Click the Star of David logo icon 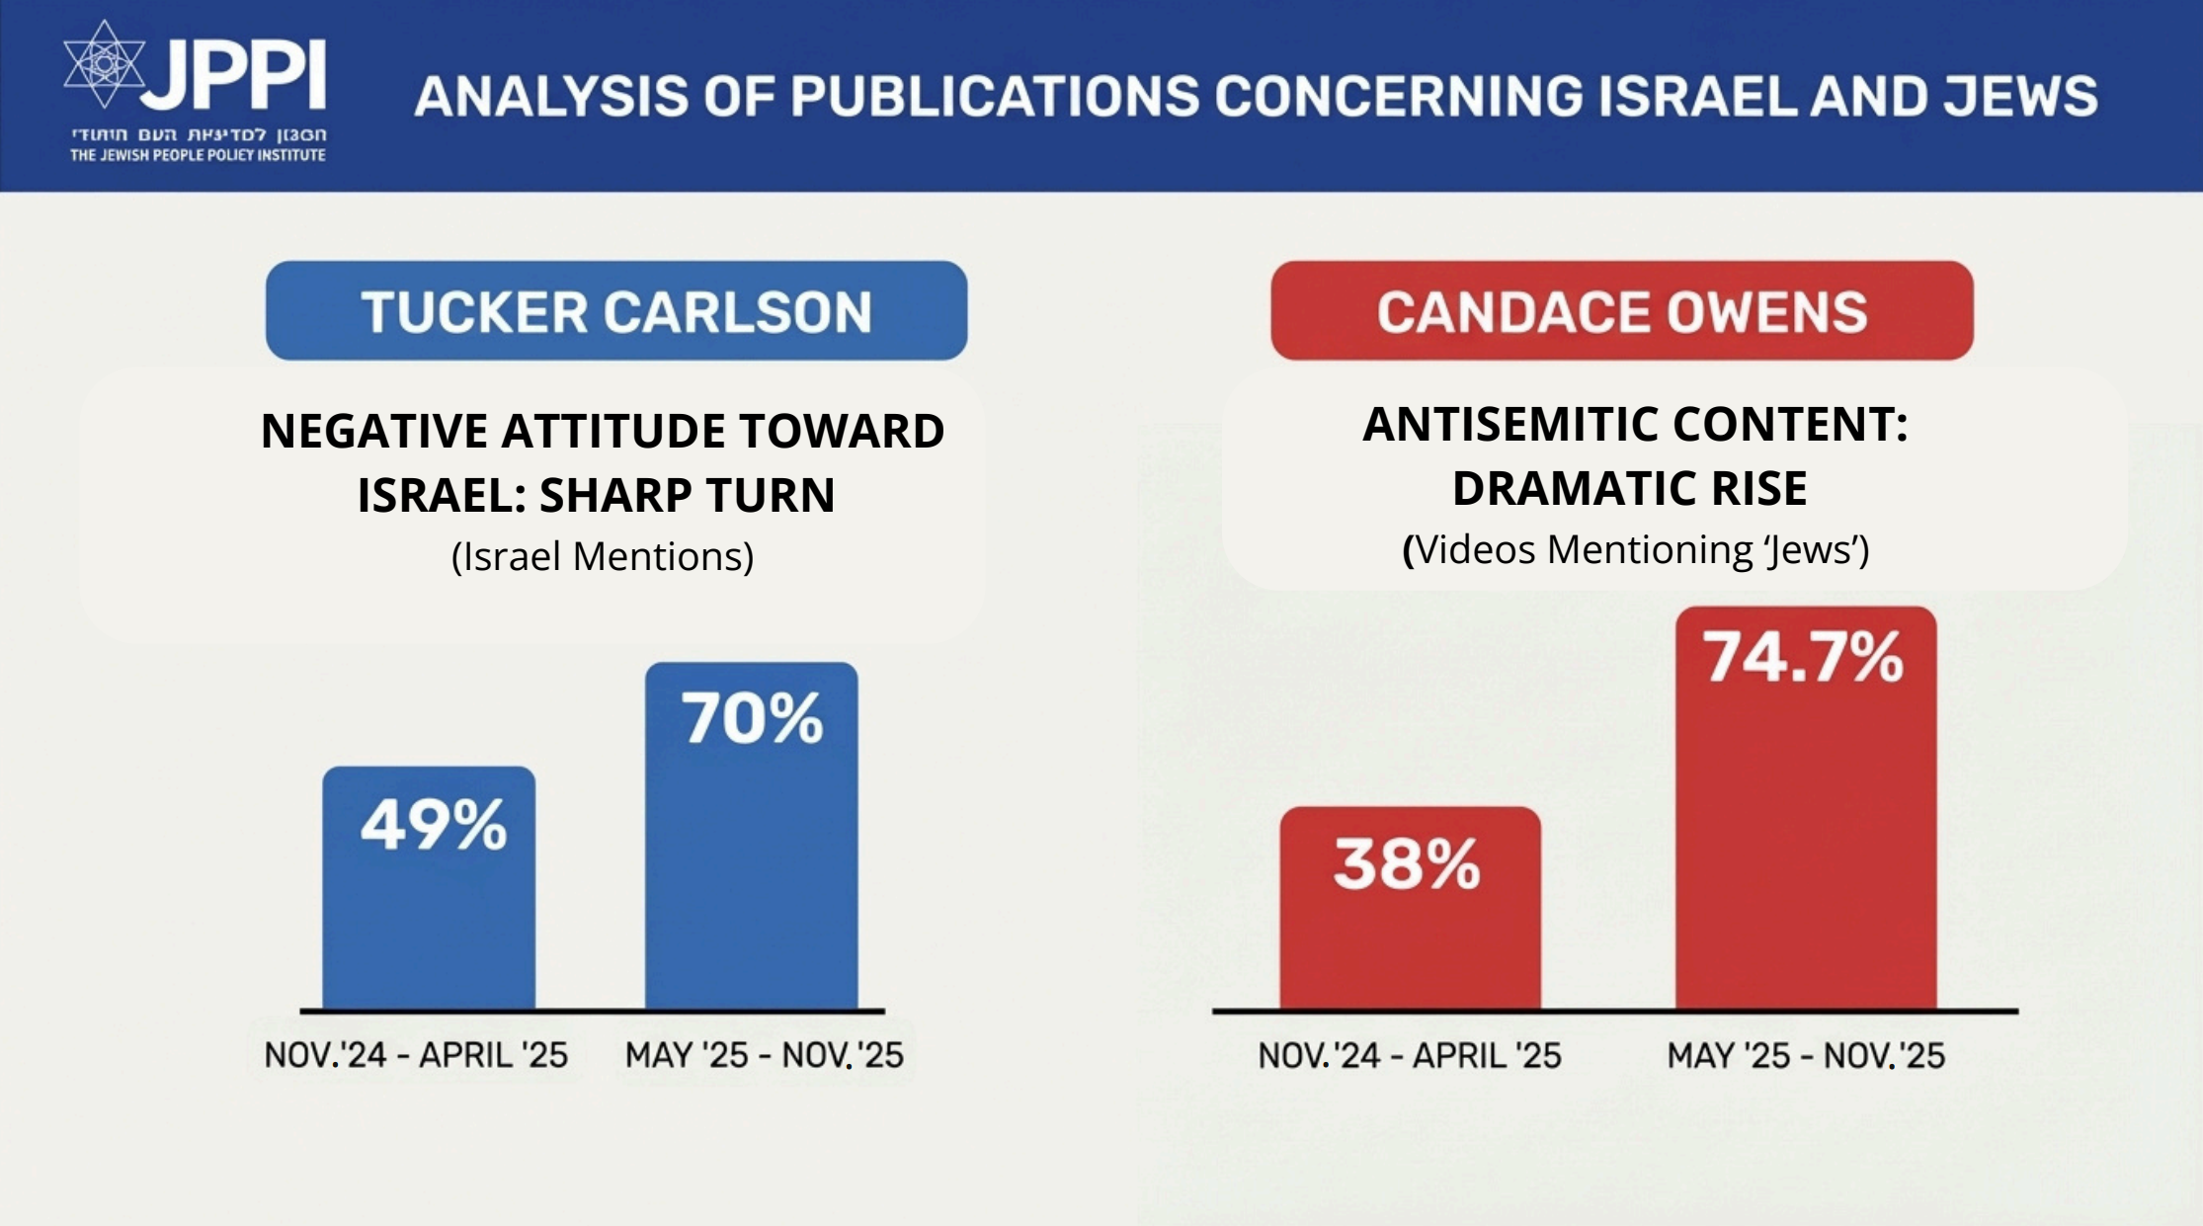coord(104,64)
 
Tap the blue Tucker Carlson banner coord(615,310)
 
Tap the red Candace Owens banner coord(1621,310)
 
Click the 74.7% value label coord(1803,657)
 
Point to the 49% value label coord(433,825)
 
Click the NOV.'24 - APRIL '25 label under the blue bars coord(416,1056)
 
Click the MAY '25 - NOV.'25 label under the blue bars coord(764,1056)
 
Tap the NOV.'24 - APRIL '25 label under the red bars coord(1409,1056)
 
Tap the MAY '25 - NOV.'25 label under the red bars coord(1806,1056)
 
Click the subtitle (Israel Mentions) coord(603,556)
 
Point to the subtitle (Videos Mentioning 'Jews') coord(1636,549)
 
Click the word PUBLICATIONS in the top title coord(994,97)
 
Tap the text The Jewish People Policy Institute coord(198,155)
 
